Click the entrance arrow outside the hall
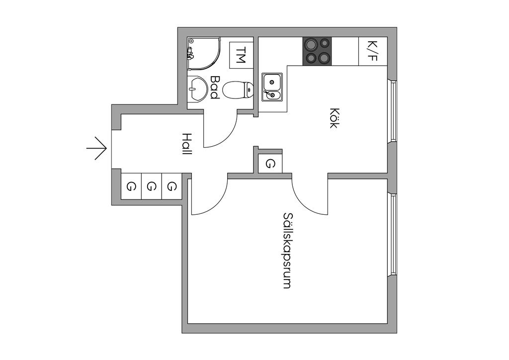(x=97, y=148)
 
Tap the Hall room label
(x=186, y=144)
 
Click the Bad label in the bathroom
(x=215, y=87)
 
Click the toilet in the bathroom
(x=238, y=90)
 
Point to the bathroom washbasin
(x=198, y=90)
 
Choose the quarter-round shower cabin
(x=201, y=54)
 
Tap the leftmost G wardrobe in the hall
(x=131, y=186)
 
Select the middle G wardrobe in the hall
(x=152, y=186)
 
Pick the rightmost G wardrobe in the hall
(x=171, y=186)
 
